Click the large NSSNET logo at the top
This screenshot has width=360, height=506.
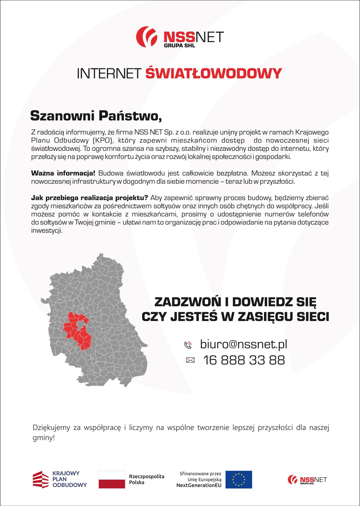pos(180,37)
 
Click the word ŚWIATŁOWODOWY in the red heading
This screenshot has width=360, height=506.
pos(213,73)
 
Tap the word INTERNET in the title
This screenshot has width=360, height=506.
pos(109,73)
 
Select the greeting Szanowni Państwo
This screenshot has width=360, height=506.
pos(96,116)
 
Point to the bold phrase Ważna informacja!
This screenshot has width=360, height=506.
pos(63,173)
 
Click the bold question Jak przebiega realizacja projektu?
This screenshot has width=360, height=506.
pos(89,198)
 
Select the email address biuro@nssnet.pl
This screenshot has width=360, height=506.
pos(244,344)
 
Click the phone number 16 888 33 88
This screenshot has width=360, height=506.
pos(244,360)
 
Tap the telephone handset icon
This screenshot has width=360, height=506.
pos(188,345)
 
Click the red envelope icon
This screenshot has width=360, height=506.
pos(190,360)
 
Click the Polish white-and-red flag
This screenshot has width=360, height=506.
pos(112,480)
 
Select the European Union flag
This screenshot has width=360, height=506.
pos(239,480)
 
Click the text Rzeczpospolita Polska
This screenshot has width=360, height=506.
pos(146,479)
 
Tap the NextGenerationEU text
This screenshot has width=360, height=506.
pos(199,485)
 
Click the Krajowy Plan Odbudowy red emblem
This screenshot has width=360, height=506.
pos(40,480)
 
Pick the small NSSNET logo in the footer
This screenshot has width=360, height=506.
pos(307,480)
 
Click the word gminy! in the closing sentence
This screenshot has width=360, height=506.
pos(43,438)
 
